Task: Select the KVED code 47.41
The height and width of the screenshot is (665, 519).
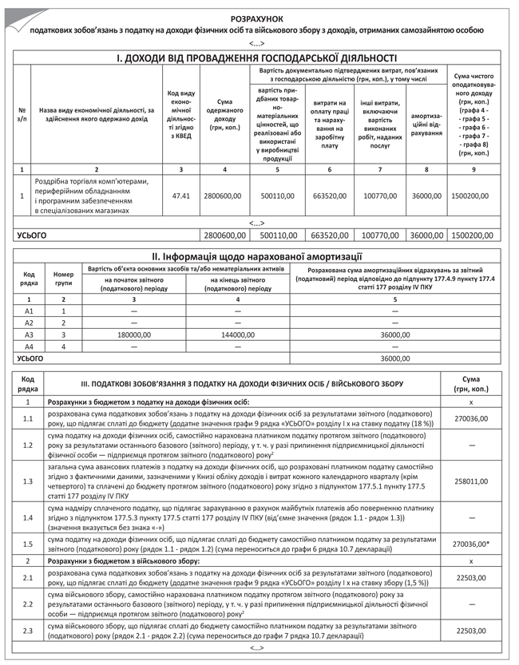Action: [x=181, y=194]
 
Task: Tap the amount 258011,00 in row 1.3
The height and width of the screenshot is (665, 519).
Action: [x=470, y=481]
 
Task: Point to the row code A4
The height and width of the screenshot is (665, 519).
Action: [x=30, y=346]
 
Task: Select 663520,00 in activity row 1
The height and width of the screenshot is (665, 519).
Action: [x=329, y=194]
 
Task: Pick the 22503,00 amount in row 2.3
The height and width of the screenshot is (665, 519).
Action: [x=470, y=631]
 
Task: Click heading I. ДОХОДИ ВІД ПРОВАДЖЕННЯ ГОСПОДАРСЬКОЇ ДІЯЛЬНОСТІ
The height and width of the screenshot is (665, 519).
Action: [x=257, y=57]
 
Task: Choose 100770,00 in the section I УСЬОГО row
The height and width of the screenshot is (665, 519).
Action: [x=380, y=236]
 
